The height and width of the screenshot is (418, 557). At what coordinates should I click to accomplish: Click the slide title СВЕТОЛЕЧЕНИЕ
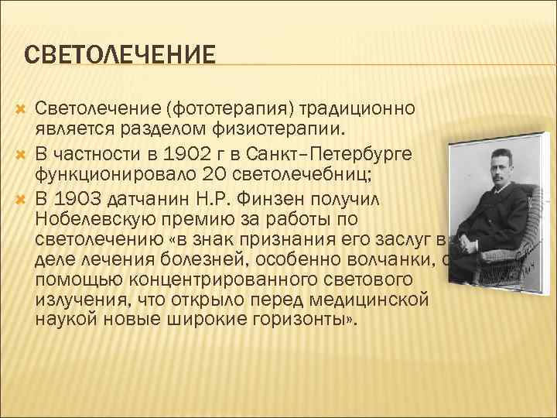[x=120, y=56]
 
